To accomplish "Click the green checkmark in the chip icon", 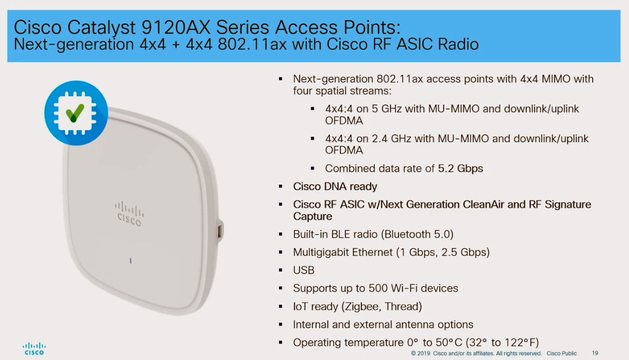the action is pos(75,113).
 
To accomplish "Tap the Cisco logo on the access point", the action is pos(129,214).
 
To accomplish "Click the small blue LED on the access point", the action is pos(130,261).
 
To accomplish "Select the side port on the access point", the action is pos(220,232).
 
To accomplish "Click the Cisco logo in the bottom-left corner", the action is pos(34,349).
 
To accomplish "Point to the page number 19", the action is pos(595,353).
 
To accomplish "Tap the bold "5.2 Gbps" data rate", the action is pos(460,169).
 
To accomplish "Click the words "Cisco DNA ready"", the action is pos(335,187).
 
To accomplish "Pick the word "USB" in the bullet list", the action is pos(304,271).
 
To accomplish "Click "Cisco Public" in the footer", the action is pos(562,353).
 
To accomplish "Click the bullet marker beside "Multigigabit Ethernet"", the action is pos(281,252).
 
